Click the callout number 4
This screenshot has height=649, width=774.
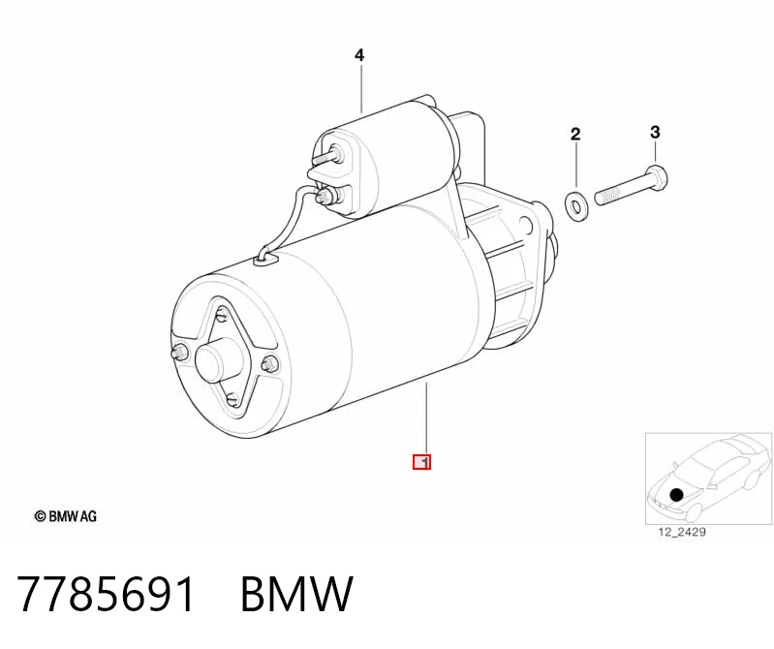(359, 55)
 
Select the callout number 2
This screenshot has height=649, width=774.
(575, 134)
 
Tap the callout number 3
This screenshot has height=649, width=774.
(655, 132)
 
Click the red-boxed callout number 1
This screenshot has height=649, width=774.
(422, 462)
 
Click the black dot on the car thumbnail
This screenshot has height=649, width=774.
(676, 494)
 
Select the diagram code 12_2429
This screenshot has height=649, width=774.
(682, 532)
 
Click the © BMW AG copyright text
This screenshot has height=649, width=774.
(65, 516)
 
